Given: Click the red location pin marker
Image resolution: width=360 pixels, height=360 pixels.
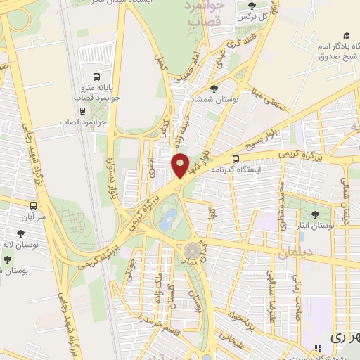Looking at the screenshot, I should pyautogui.click(x=181, y=165).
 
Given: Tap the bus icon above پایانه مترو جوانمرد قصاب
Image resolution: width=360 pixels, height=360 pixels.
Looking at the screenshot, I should pyautogui.click(x=96, y=78).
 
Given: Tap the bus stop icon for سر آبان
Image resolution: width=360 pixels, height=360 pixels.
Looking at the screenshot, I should pyautogui.click(x=33, y=206).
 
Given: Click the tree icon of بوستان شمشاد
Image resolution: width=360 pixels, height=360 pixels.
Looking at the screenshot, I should pyautogui.click(x=214, y=89).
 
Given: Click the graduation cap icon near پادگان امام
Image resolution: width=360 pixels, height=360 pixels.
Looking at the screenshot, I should pyautogui.click(x=346, y=36).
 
